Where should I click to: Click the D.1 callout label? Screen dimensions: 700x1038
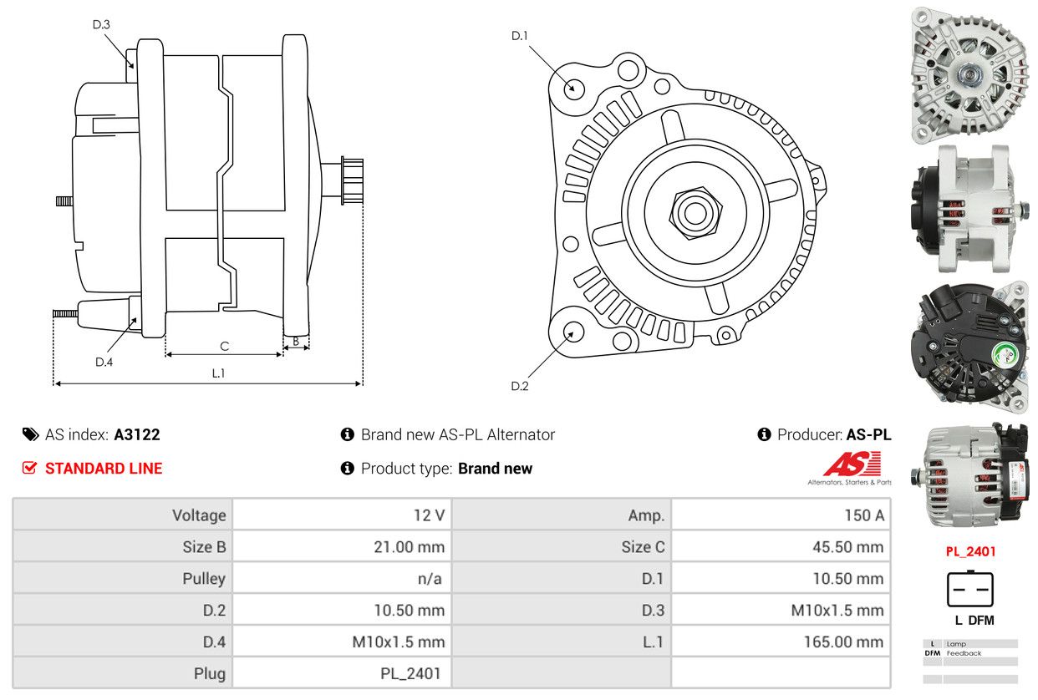tap(520, 35)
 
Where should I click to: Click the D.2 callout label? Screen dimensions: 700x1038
tap(520, 386)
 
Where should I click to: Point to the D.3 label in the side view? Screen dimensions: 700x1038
tap(101, 24)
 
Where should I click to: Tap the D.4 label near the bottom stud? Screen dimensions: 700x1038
tap(104, 362)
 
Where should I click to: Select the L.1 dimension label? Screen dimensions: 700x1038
tap(218, 373)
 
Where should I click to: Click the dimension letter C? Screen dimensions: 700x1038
tap(224, 345)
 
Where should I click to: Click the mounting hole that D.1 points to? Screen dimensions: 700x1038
tap(573, 88)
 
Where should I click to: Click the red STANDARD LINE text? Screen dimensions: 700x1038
tap(104, 469)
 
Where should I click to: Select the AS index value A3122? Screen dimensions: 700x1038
tap(137, 434)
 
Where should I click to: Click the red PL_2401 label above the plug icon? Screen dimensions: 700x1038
tap(970, 551)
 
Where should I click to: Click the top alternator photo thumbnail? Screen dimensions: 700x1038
tap(969, 74)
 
